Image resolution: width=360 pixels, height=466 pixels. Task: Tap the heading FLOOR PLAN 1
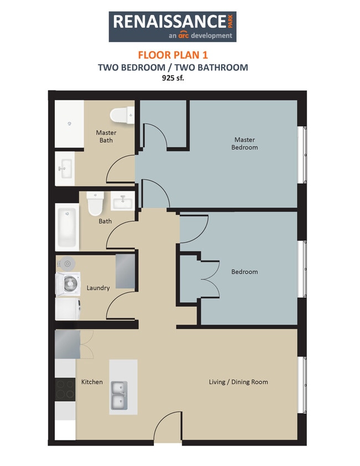172,55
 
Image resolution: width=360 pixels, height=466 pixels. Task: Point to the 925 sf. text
173,78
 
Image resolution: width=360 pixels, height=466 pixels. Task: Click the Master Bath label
106,136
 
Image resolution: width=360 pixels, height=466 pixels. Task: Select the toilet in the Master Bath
122,115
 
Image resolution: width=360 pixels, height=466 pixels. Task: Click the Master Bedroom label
244,144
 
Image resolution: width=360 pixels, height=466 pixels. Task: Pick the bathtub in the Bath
67,226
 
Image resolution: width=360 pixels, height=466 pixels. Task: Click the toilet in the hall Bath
96,203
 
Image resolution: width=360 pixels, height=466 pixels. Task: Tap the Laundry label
98,288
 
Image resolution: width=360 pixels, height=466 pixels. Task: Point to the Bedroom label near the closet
244,272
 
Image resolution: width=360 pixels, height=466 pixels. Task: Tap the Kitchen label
92,382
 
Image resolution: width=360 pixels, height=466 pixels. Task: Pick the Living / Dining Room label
238,382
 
